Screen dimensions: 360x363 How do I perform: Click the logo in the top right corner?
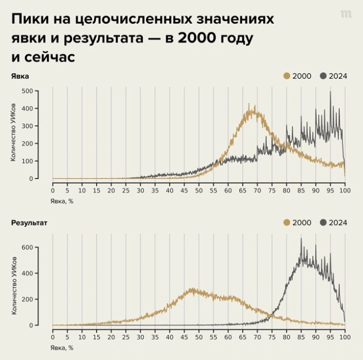pyautogui.click(x=345, y=14)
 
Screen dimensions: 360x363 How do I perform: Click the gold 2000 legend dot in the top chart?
pyautogui.click(x=287, y=76)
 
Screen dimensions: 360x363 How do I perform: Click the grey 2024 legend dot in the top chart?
pyautogui.click(x=323, y=76)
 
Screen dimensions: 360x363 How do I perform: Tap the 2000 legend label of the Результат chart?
pyautogui.click(x=302, y=222)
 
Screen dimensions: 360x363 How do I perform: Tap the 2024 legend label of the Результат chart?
pyautogui.click(x=338, y=222)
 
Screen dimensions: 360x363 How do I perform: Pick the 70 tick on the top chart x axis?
pyautogui.click(x=257, y=191)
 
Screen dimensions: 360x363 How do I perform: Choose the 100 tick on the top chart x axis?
pyautogui.click(x=345, y=191)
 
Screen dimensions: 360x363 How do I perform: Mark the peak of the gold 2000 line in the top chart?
pyautogui.click(x=249, y=105)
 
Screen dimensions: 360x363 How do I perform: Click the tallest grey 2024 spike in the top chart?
pyautogui.click(x=330, y=92)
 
